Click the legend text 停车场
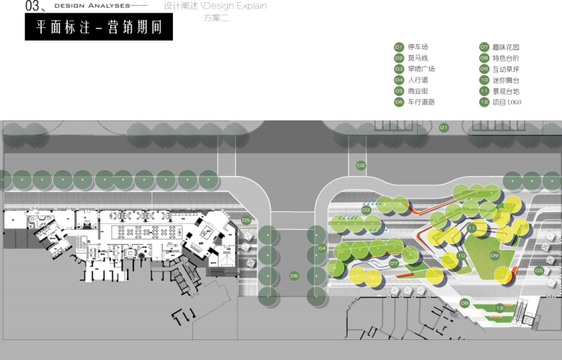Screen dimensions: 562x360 [418, 47]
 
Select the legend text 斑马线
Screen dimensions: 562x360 [418, 58]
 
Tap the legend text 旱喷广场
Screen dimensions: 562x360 [421, 69]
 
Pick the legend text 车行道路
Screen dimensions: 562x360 [421, 102]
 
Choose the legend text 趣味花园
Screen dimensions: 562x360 [506, 47]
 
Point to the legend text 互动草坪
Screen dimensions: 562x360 [506, 69]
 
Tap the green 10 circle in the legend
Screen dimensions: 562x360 [484, 80]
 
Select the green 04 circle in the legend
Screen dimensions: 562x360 [399, 80]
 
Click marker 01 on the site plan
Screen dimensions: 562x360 [444, 128]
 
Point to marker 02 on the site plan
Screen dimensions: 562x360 [361, 166]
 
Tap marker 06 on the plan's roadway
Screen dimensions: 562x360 [294, 276]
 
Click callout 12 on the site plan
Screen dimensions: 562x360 [500, 308]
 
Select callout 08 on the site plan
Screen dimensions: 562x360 [464, 302]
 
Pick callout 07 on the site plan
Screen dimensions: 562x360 [394, 263]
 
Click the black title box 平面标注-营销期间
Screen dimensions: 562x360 [94, 27]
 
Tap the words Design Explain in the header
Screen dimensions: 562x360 [241, 6]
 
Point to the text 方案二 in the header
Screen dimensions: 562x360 [216, 17]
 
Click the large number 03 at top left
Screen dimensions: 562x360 [14, 7]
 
